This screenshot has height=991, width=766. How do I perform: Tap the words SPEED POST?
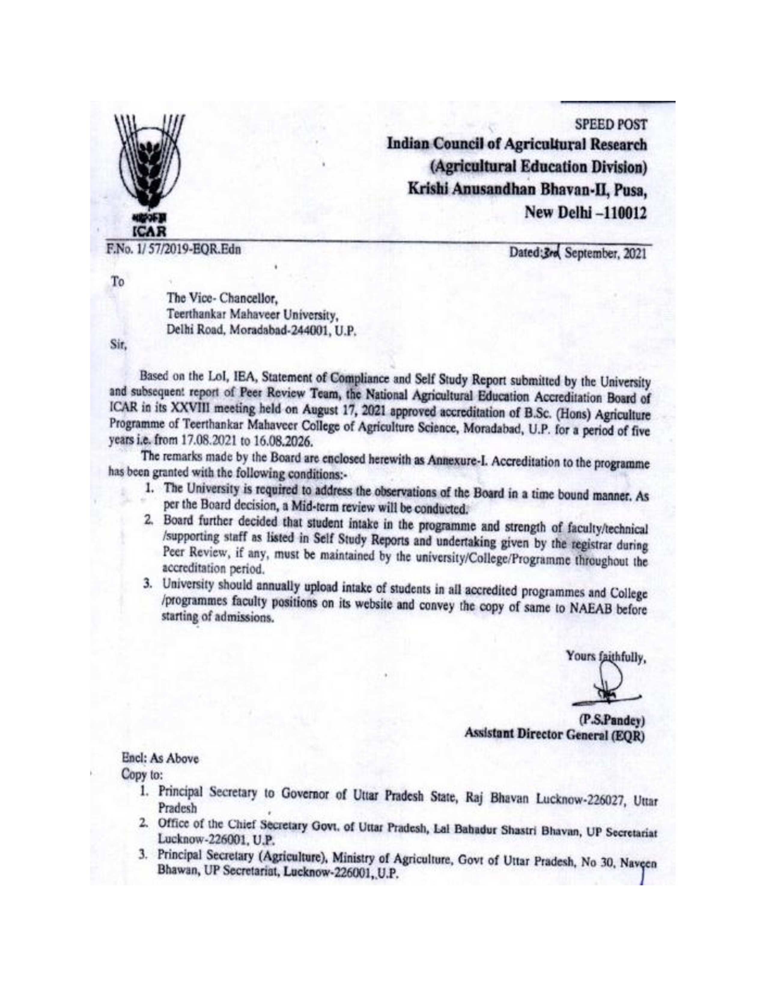[x=610, y=124]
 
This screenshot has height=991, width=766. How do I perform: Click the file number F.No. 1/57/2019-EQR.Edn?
[x=173, y=250]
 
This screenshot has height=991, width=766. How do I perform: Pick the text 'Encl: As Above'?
[x=160, y=758]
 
